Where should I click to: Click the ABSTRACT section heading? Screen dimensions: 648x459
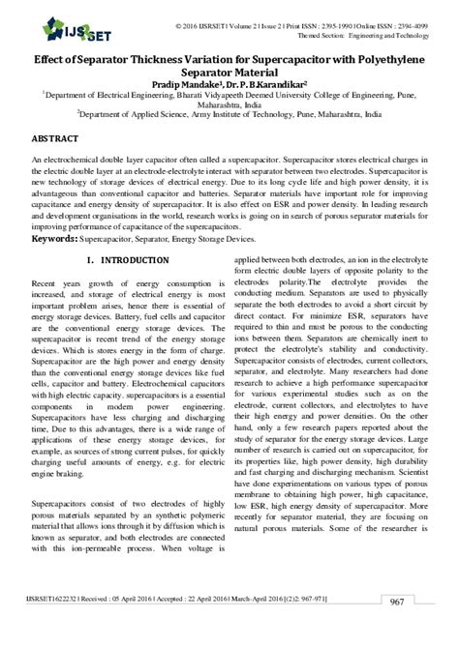point(57,139)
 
